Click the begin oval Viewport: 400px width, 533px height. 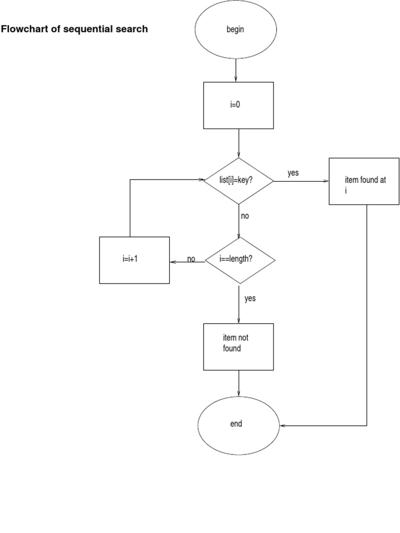coord(235,30)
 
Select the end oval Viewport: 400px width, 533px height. coord(239,425)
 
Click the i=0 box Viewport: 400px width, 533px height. coord(238,105)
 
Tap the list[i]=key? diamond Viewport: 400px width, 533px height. coord(239,181)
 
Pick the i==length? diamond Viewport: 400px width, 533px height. coord(240,260)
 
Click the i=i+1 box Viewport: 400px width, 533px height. coord(134,260)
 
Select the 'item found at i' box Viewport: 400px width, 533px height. coord(364,181)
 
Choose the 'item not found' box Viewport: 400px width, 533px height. coord(238,347)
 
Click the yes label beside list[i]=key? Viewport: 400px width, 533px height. coord(293,173)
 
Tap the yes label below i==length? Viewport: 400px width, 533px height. coord(250,299)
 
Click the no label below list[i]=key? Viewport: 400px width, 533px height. coord(245,215)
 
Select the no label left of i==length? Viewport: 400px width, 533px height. coord(191,259)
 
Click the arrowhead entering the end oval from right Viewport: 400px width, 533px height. coord(283,426)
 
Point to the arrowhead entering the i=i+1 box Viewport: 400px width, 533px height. coord(173,261)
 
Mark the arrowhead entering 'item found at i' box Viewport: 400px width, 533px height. coord(326,181)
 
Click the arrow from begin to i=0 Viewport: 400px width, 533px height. coord(236,70)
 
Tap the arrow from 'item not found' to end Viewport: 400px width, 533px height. coord(239,384)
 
